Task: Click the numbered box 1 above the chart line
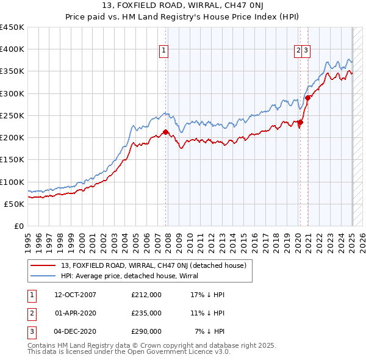point(165,51)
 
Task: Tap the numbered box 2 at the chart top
point(299,51)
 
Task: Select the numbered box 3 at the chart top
point(306,51)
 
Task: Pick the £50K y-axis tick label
point(15,204)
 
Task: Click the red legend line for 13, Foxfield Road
point(43,265)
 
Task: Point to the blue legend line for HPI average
point(43,276)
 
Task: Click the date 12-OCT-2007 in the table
point(75,295)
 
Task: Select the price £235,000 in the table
point(146,313)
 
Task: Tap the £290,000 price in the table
point(146,331)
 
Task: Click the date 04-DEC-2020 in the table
point(75,331)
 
